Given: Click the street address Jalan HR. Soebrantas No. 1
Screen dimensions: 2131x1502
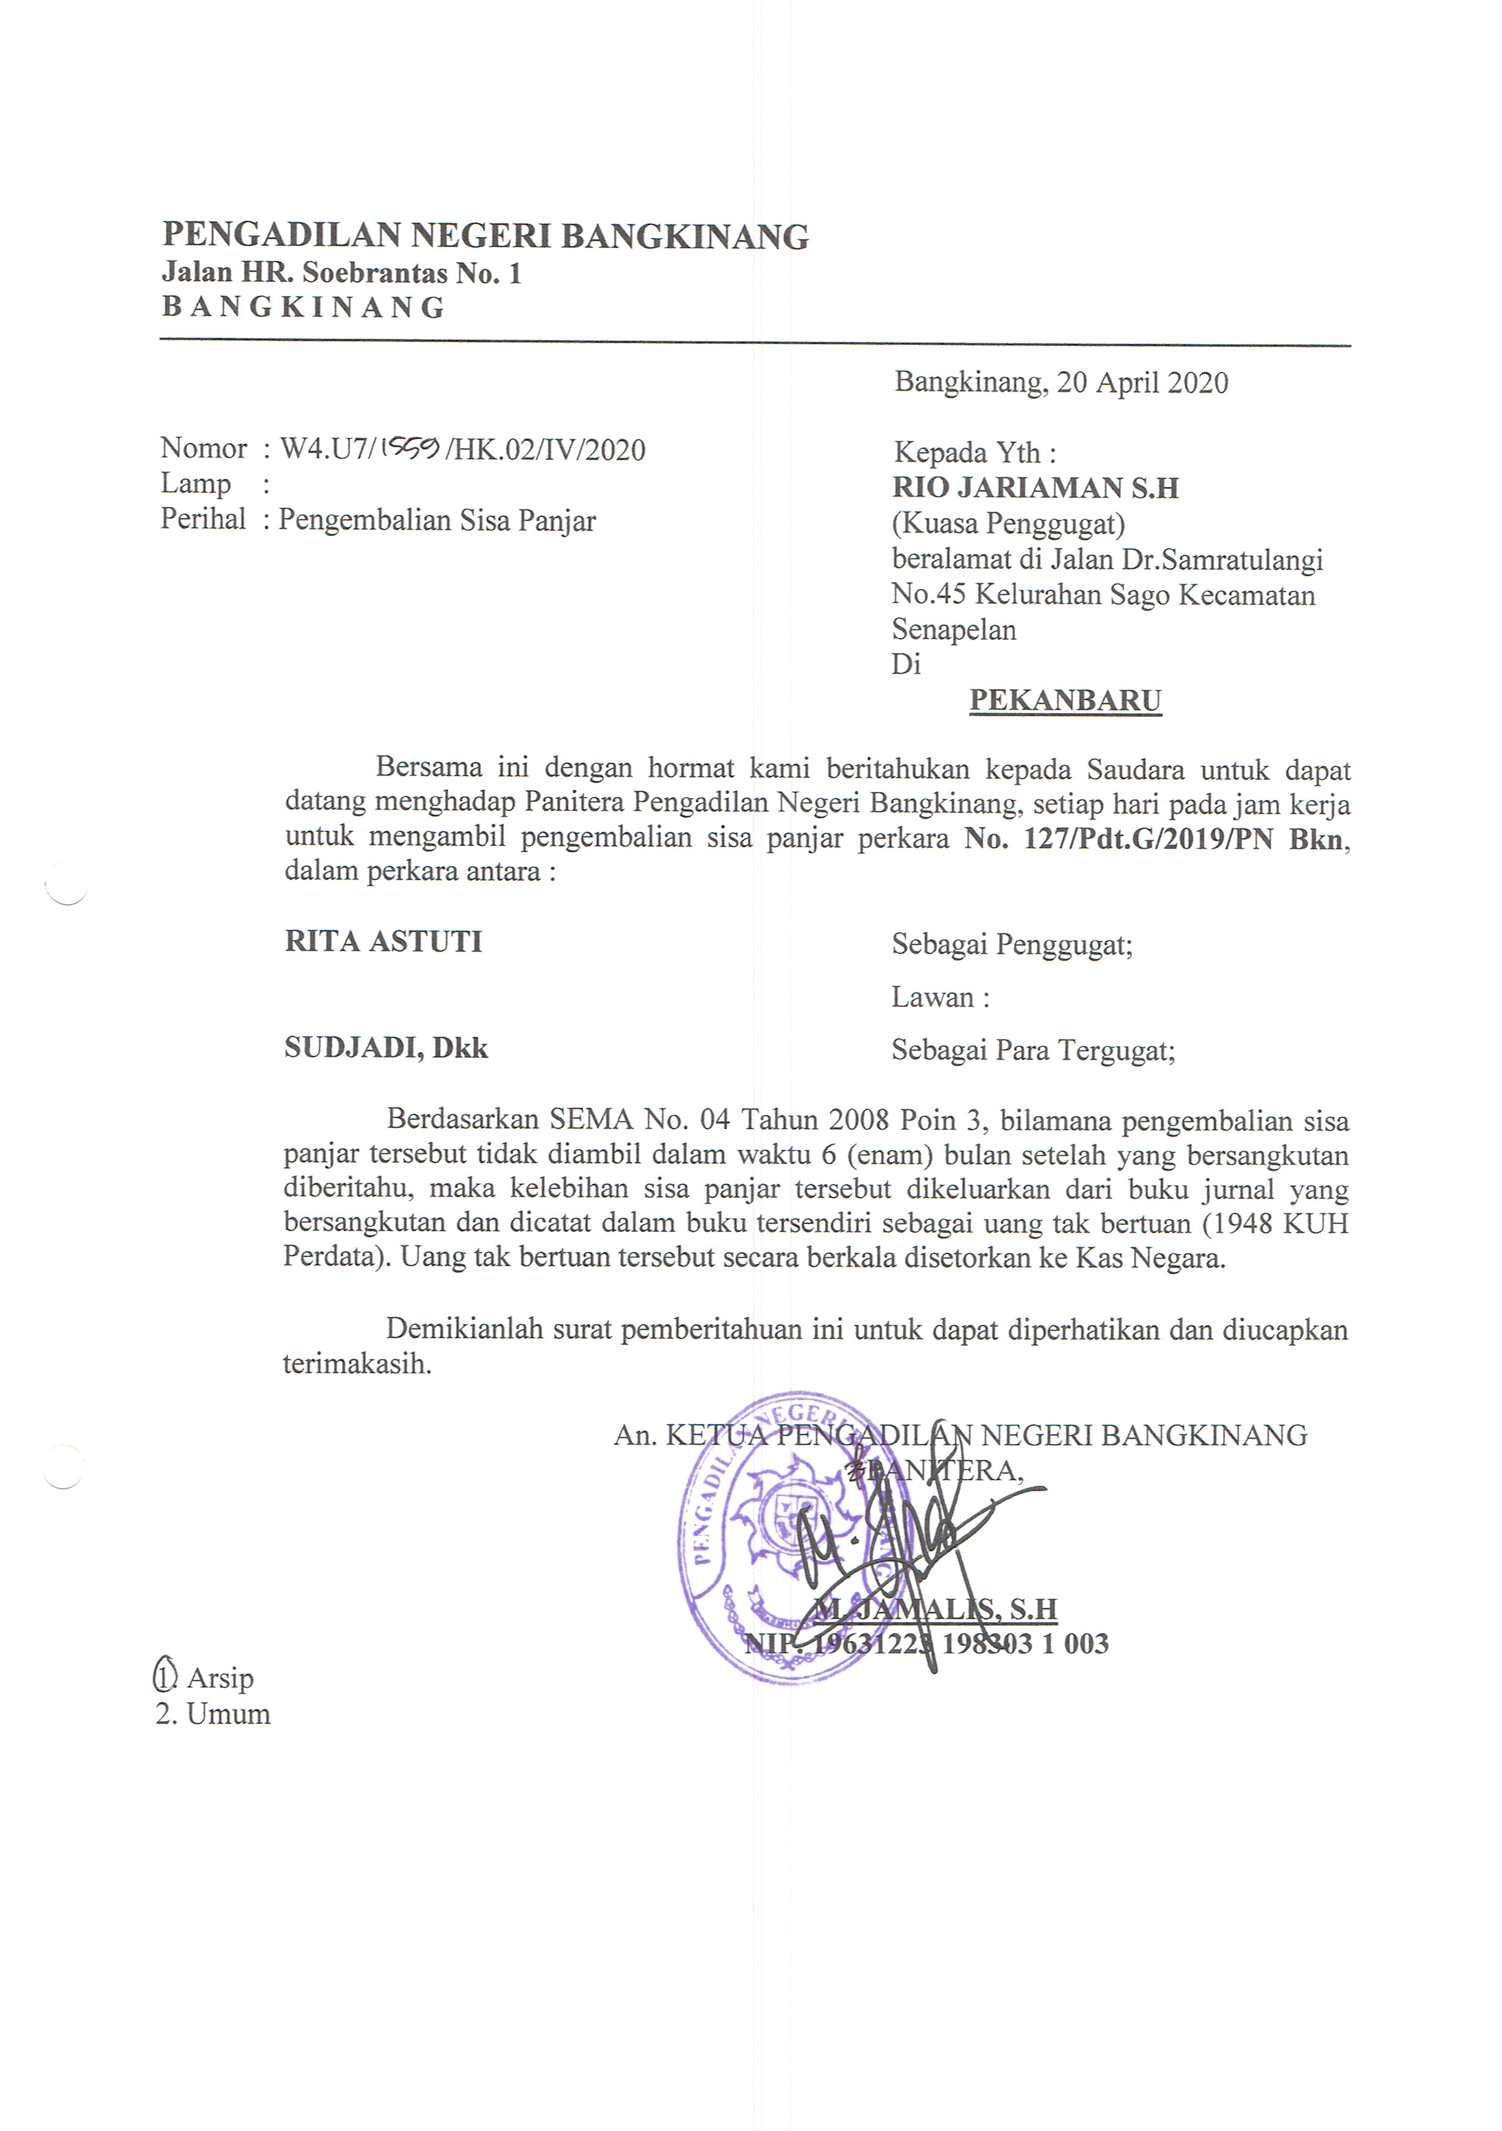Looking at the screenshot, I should (341, 273).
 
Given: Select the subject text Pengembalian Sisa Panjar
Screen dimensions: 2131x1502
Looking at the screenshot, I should (437, 521).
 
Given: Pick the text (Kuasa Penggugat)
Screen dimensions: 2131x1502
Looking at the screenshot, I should (1008, 524).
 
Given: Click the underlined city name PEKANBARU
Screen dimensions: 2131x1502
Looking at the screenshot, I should (1065, 701).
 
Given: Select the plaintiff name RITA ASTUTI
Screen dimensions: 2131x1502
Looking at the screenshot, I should (383, 942).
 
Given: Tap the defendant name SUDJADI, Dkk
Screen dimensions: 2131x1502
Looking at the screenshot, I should (386, 1048).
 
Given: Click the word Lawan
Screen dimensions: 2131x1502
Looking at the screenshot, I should (933, 998).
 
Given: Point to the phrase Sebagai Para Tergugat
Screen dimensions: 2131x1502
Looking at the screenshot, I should (1032, 1051).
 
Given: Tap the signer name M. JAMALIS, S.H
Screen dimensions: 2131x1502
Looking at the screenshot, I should (935, 1609).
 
